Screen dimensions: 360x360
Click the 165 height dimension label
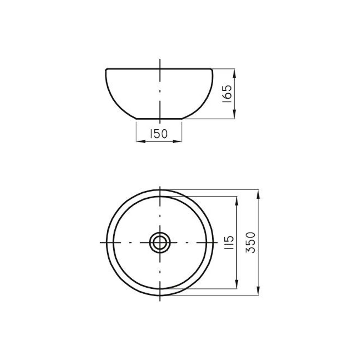(x=227, y=94)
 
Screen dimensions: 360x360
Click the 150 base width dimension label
(x=159, y=134)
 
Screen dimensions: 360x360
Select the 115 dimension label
(x=229, y=243)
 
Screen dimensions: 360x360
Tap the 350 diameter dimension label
(x=250, y=243)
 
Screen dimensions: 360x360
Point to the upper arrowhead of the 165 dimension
(x=235, y=73)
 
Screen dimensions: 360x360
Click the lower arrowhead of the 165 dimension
(x=235, y=114)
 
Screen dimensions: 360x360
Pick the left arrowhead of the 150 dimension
(x=141, y=141)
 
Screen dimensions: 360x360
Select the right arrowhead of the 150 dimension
(x=177, y=141)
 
